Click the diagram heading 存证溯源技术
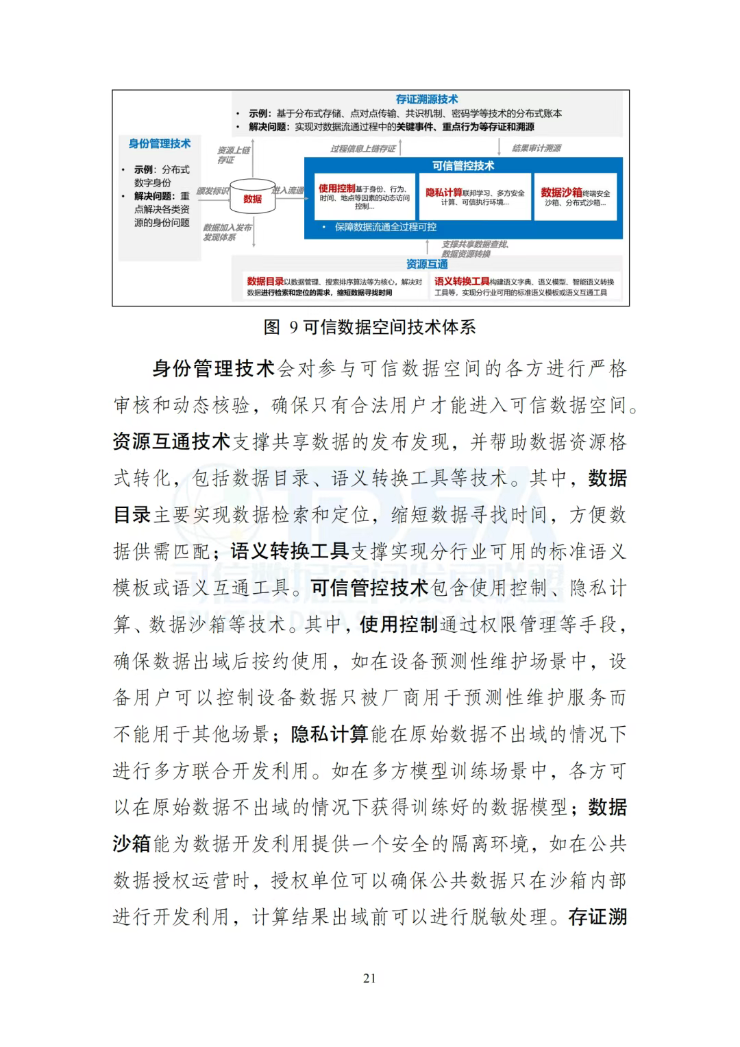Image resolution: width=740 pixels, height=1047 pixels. tap(426, 99)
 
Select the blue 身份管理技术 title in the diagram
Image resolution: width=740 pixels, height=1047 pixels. tap(160, 143)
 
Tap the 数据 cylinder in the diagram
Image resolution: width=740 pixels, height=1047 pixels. tap(252, 198)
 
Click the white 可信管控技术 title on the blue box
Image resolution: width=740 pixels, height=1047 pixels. tap(463, 166)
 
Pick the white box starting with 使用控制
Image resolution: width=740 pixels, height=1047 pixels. tap(365, 196)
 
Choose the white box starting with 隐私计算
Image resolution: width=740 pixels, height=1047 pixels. tap(474, 196)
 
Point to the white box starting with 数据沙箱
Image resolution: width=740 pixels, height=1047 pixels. tap(575, 196)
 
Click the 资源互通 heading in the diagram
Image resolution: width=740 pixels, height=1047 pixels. tap(426, 264)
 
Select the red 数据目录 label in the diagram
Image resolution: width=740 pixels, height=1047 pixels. tap(265, 282)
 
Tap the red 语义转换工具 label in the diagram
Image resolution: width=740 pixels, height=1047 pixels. tap(462, 282)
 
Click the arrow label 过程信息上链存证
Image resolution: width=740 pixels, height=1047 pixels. tap(362, 148)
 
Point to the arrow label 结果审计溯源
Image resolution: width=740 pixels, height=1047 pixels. tap(536, 148)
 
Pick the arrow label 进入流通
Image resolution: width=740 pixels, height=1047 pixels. tap(288, 190)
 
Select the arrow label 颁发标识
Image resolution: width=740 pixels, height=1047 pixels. tap(212, 191)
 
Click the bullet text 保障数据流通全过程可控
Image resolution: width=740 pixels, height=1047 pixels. tap(385, 227)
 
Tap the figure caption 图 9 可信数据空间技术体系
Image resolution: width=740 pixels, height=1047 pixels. tap(369, 326)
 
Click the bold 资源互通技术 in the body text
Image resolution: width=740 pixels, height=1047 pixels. tap(171, 442)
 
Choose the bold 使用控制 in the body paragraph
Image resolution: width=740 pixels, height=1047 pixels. tap(398, 625)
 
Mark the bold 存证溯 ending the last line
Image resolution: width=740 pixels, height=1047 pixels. tap(597, 917)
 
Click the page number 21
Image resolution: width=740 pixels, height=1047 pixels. tap(369, 978)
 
